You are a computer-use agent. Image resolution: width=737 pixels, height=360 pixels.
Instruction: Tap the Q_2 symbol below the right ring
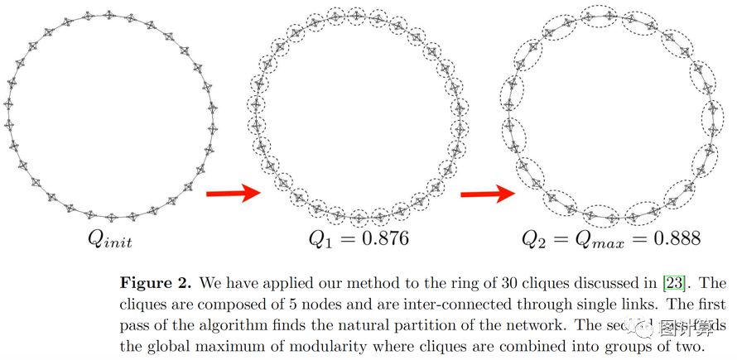[536, 241]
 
